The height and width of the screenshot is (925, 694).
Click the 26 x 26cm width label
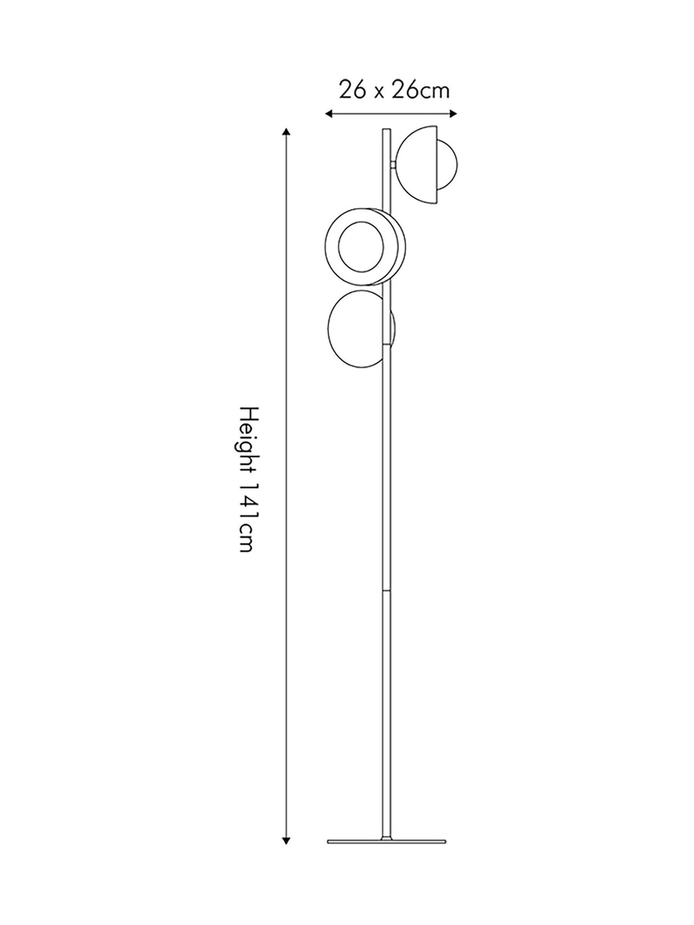coord(394,90)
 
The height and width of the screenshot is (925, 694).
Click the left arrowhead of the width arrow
coord(329,113)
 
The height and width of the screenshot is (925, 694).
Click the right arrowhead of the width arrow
coord(453,113)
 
